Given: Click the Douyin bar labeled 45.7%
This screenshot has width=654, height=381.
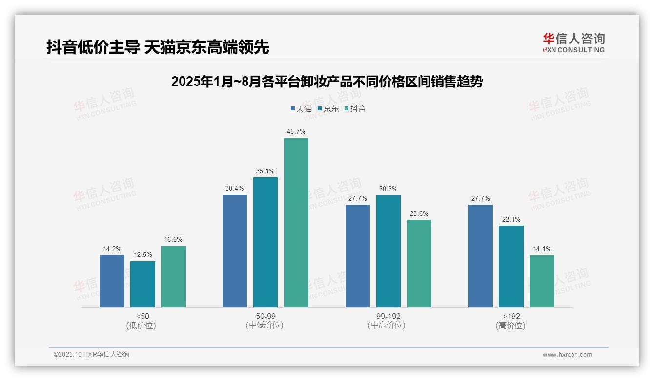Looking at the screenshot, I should coord(296,222).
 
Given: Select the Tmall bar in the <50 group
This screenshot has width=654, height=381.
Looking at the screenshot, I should coord(112,281).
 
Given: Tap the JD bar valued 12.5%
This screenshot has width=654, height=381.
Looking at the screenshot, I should coord(143,284).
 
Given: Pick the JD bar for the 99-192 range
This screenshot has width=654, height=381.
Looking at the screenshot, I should coord(388,251).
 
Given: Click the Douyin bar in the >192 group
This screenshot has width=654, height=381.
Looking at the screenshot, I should coord(542,281).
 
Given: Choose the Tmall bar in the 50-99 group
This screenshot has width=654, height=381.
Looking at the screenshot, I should coord(235,251).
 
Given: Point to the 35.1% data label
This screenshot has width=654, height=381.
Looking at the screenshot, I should coord(266,171).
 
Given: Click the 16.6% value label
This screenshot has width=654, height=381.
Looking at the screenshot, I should coord(173,240).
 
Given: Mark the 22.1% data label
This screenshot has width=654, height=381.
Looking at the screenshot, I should coord(511,220).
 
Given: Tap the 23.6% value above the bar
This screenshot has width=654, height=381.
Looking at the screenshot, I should coord(419,214).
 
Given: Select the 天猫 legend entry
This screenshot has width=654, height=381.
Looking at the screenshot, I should coord(301,109).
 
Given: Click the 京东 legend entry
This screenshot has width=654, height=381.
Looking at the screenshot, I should coord(328,109).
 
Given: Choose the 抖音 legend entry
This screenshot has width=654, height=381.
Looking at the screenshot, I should coord(355,109).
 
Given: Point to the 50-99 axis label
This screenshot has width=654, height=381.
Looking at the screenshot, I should coord(266,316).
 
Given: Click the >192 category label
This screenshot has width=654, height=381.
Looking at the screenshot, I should coord(511,316).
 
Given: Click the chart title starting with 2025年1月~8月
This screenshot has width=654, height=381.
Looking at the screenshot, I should coord(327,82).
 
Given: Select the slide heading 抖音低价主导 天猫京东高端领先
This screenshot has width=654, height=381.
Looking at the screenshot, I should coord(158,47).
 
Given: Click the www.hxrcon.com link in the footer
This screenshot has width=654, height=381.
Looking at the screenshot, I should coord(567,355).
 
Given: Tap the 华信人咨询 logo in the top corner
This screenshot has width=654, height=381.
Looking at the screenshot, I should coord(573,42).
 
